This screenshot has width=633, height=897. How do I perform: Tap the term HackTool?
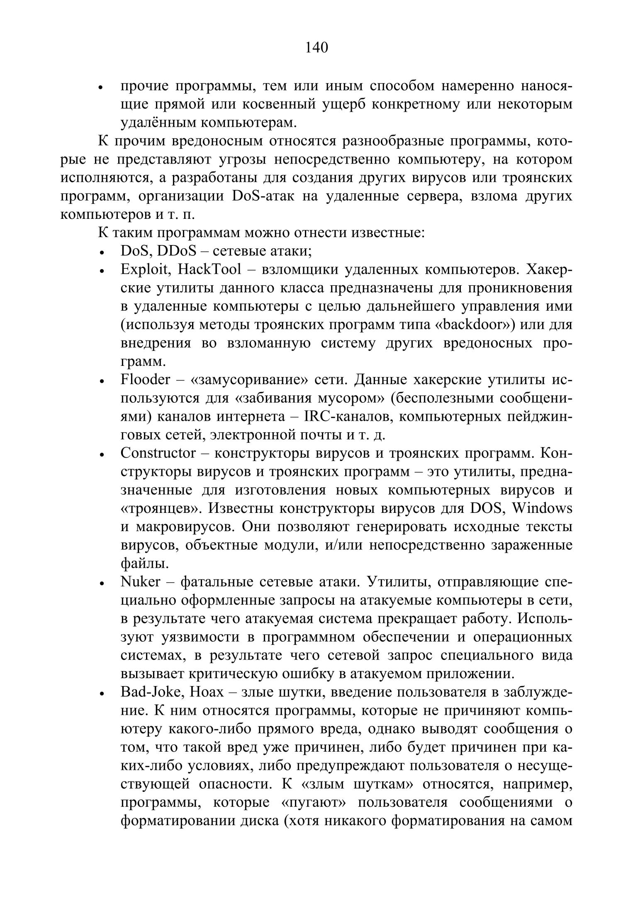pyautogui.click(x=209, y=270)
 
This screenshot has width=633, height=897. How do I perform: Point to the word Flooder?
pyautogui.click(x=145, y=380)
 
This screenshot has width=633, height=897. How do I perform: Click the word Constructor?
pyautogui.click(x=158, y=453)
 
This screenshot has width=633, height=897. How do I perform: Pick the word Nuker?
pyautogui.click(x=140, y=582)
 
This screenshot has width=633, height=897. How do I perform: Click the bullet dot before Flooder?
pyautogui.click(x=101, y=381)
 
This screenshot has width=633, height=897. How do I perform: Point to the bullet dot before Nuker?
pyautogui.click(x=101, y=583)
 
